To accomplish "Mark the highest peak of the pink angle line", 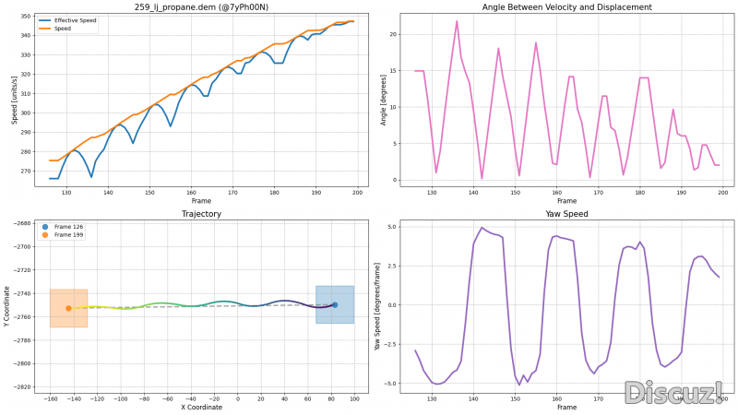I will pyautogui.click(x=457, y=21).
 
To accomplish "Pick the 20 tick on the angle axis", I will pyautogui.click(x=392, y=34).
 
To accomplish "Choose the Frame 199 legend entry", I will pyautogui.click(x=69, y=234).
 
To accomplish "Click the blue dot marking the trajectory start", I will pyautogui.click(x=335, y=304).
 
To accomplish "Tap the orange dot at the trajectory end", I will pyautogui.click(x=68, y=308).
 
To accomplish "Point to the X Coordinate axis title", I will pyautogui.click(x=200, y=407).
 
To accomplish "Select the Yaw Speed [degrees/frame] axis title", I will pyautogui.click(x=377, y=305).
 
